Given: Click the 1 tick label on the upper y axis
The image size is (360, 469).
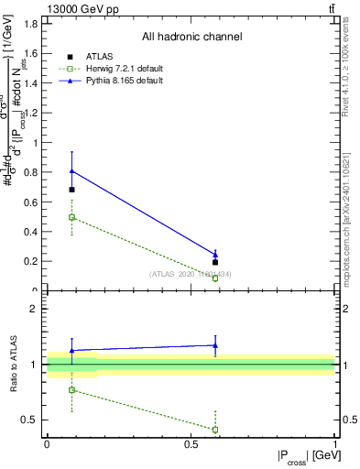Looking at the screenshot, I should coord(37,143).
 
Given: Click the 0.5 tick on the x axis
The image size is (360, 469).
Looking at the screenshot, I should coord(191,445).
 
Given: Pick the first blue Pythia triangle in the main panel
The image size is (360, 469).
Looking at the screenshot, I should coord(72,171).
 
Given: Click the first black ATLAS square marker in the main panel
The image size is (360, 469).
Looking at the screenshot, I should coord(72,190).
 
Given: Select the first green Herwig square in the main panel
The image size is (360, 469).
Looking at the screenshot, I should coord(72,217).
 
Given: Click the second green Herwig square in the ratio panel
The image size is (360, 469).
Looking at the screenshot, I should coord(215,429).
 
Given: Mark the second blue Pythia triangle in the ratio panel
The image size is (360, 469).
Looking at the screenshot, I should coord(215,345).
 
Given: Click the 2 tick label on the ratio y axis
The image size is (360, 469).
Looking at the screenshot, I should coord(37,309).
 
